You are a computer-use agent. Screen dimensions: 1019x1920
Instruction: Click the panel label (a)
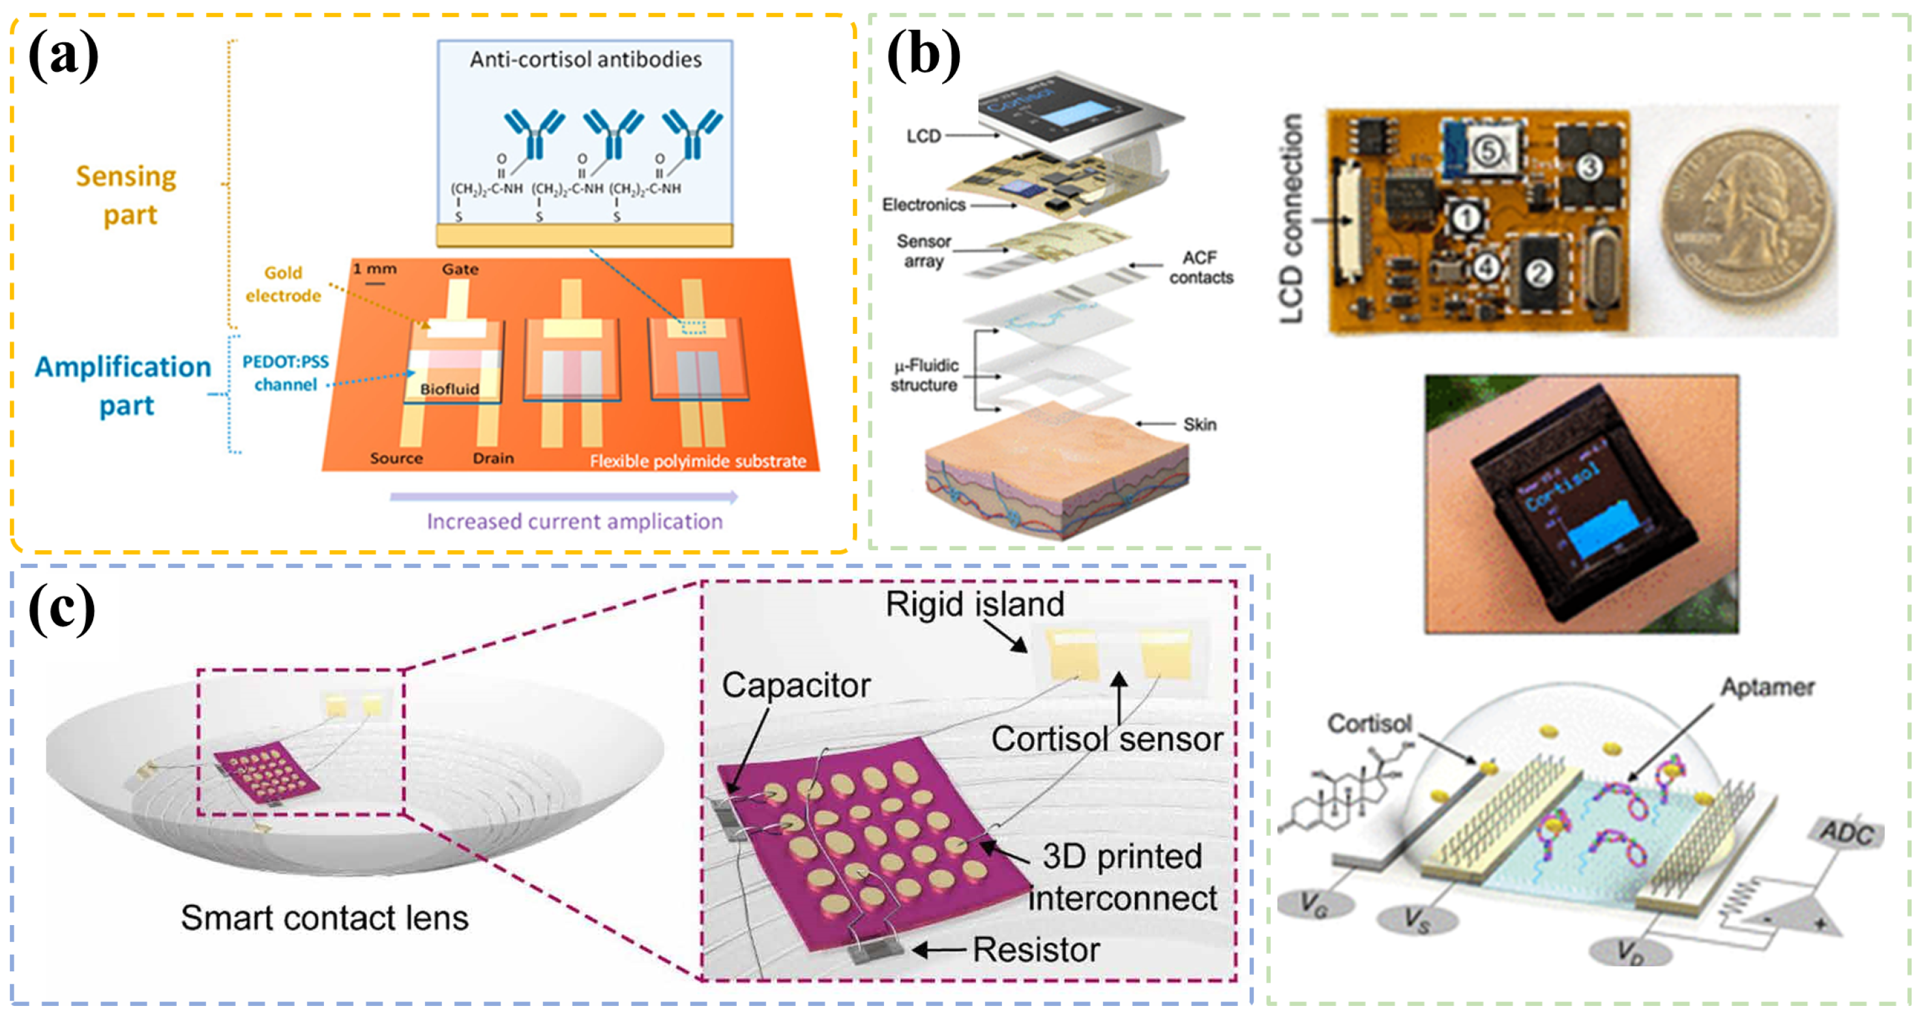tap(63, 56)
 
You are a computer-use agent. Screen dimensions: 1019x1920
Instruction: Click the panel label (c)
tap(61, 609)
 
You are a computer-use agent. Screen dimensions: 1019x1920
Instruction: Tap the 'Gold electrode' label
tap(283, 284)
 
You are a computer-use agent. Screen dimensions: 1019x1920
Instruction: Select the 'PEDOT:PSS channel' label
tap(286, 373)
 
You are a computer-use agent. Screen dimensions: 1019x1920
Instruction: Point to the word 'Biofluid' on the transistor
tap(449, 389)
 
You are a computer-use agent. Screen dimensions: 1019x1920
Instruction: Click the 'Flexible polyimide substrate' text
tap(698, 462)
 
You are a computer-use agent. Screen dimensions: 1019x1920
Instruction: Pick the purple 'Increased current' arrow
tap(563, 496)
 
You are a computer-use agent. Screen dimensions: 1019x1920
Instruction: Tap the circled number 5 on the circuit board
tap(1487, 151)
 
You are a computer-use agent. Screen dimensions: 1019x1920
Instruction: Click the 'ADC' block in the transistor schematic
tap(1846, 833)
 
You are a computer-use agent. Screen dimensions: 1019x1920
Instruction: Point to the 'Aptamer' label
tap(1766, 687)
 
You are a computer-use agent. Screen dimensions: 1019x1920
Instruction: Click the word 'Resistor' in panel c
tap(1036, 950)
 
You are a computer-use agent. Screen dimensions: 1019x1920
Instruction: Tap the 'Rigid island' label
tap(974, 604)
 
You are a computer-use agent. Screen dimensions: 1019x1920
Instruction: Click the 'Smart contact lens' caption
tap(324, 918)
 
